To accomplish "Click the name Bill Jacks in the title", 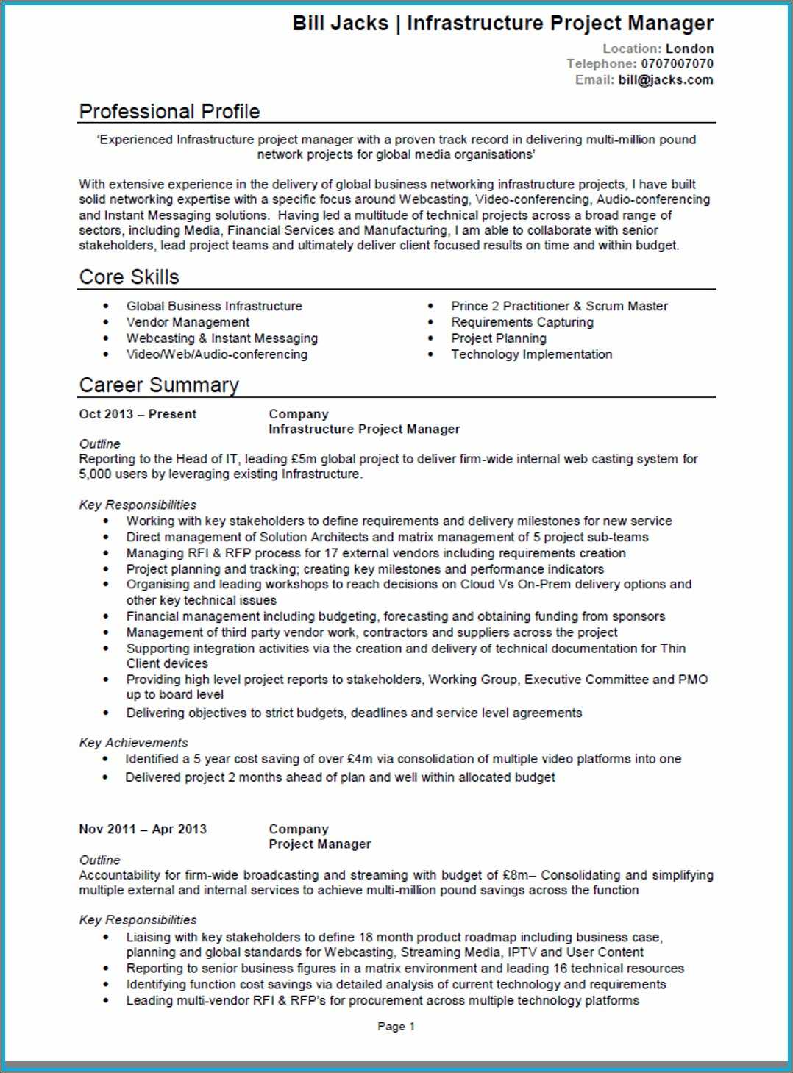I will coord(340,24).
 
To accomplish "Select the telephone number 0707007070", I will coord(677,64).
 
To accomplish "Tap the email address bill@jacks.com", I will coord(666,80).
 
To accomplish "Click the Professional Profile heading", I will coord(169,112).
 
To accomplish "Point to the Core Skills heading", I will coord(129,277).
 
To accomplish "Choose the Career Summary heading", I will coord(159,385).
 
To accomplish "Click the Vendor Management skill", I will coord(188,322).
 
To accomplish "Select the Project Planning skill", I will coord(499,338).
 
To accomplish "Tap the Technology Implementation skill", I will coord(531,354).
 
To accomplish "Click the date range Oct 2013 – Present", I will coord(138,414).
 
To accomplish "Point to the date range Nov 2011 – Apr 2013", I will coord(143,829).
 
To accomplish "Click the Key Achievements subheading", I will coord(133,743).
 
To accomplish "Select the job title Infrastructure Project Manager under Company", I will coord(364,429).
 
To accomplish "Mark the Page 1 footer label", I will coord(396,1027).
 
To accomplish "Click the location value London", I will coord(689,49).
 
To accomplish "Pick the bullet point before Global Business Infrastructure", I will coord(106,306).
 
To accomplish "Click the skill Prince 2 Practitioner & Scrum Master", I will coord(559,306).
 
